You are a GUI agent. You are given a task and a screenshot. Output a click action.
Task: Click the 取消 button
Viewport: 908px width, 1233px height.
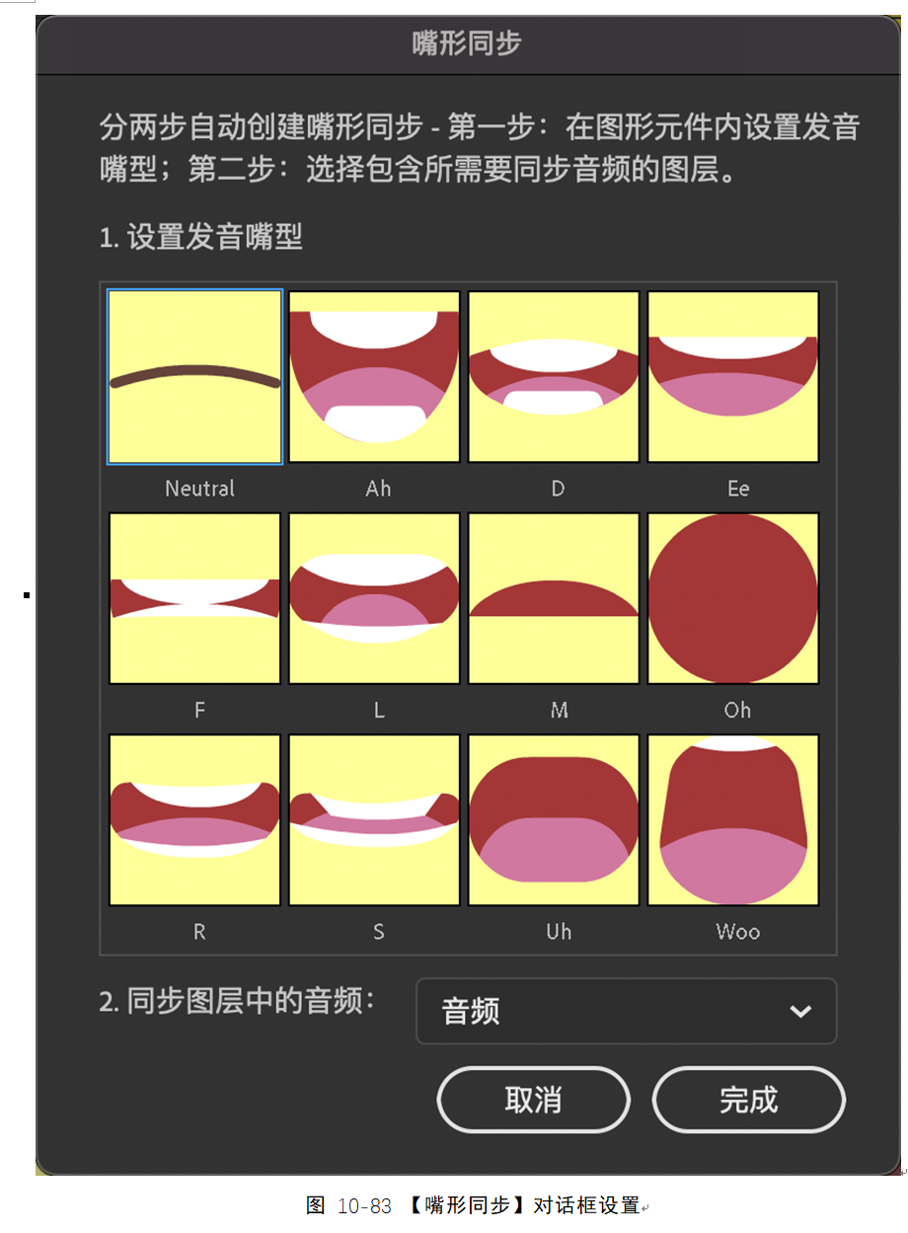(533, 1100)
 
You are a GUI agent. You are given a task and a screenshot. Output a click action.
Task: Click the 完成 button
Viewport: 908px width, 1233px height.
(748, 1100)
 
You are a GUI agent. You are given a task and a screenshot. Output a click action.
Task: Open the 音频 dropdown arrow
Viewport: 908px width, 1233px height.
(800, 1011)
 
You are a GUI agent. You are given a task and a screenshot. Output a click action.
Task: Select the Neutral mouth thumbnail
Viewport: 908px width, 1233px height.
(194, 376)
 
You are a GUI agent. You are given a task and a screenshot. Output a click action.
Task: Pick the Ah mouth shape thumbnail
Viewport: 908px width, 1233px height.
(374, 376)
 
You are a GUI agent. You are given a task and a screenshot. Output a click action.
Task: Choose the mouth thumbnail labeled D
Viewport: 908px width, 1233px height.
(554, 376)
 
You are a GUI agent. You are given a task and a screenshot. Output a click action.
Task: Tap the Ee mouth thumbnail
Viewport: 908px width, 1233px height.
(733, 376)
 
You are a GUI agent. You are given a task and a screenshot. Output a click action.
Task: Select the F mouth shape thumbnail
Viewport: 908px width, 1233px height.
(194, 598)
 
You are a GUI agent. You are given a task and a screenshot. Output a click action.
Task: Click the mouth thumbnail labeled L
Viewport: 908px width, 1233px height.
(374, 598)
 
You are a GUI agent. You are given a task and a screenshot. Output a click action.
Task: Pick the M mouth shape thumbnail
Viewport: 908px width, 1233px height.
(554, 598)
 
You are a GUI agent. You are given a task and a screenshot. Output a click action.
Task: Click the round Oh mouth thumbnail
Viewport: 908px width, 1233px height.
(733, 598)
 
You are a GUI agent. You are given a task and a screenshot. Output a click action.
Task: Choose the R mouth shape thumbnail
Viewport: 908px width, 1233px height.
(194, 820)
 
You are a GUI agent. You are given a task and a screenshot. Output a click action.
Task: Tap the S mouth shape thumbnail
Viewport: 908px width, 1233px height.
(374, 820)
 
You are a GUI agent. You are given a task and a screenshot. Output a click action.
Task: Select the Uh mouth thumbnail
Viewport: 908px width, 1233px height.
(554, 820)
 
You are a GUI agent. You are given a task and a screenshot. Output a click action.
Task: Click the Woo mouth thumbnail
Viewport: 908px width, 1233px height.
(733, 820)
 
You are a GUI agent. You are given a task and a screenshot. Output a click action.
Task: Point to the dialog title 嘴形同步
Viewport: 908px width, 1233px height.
(467, 42)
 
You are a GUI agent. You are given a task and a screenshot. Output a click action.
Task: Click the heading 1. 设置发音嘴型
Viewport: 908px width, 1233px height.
(201, 237)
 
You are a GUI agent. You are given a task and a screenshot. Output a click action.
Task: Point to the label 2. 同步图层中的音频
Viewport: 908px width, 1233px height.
(237, 1000)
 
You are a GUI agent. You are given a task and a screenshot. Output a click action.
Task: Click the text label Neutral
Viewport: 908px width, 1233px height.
(199, 489)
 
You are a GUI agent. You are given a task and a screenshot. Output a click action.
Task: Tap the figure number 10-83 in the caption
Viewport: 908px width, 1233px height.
(364, 1206)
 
